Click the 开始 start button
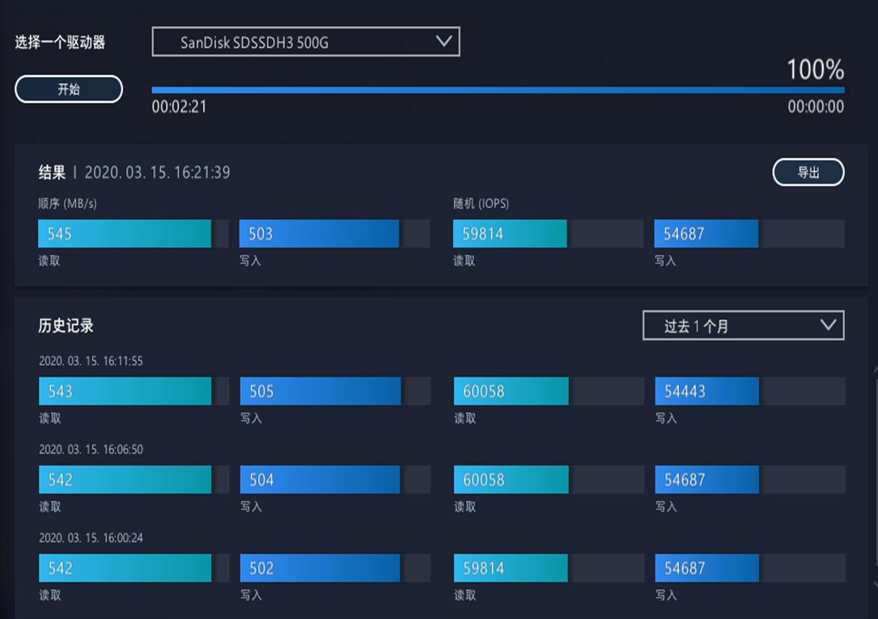[69, 90]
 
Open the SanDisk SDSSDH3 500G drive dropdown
[306, 42]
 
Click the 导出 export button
[808, 172]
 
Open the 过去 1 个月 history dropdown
[743, 325]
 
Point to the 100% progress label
[815, 70]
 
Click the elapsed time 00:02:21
[179, 107]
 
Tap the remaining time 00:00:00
[816, 107]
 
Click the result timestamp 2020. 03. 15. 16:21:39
[157, 172]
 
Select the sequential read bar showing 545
[125, 234]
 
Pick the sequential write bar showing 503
[319, 234]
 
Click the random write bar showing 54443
[707, 392]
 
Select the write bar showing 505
[320, 392]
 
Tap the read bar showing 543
[125, 392]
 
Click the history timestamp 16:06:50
[91, 449]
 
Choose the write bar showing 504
[320, 480]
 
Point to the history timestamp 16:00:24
[91, 537]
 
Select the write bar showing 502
[320, 568]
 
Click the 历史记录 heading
[66, 326]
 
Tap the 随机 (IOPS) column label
[481, 204]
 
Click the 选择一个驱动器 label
[60, 43]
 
